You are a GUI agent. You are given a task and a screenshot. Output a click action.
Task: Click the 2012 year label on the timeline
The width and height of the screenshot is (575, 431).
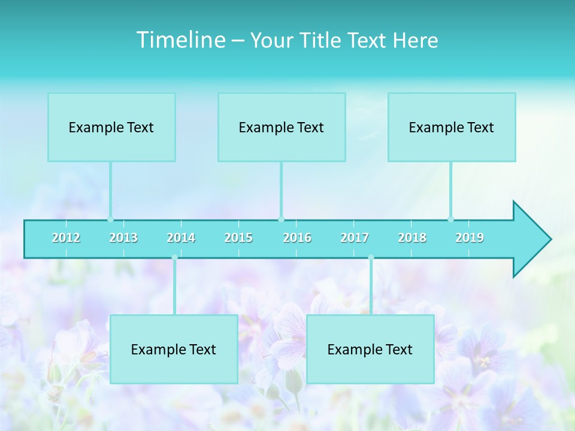click(x=66, y=238)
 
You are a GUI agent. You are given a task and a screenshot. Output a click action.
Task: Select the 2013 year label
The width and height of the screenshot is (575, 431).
click(x=123, y=238)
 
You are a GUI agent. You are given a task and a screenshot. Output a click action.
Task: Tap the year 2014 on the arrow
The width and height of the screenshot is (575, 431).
click(x=181, y=238)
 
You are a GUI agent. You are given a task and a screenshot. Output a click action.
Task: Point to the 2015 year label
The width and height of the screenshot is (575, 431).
click(x=238, y=238)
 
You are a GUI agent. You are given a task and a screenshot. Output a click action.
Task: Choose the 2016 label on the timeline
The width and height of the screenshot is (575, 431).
click(x=297, y=238)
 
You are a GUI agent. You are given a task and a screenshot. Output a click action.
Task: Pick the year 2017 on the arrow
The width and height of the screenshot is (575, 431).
click(x=355, y=238)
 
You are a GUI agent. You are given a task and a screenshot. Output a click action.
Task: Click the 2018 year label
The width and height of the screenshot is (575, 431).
click(x=412, y=238)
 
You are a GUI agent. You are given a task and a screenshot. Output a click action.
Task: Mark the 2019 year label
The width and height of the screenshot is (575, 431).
click(x=470, y=238)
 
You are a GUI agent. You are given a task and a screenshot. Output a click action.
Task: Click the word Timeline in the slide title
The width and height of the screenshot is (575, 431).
click(x=180, y=40)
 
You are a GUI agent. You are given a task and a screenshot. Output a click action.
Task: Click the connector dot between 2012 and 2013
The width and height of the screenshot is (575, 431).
click(x=110, y=219)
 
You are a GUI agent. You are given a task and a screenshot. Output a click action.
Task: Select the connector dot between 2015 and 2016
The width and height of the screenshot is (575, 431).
click(x=281, y=219)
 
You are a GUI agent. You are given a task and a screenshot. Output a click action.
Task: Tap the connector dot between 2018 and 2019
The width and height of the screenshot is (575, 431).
click(x=450, y=219)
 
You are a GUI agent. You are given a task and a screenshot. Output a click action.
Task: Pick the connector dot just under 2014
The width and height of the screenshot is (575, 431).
click(x=174, y=257)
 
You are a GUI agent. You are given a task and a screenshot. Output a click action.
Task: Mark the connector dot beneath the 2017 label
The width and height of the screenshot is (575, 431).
click(x=371, y=257)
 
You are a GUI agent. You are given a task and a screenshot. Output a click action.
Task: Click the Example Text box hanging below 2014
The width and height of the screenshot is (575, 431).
click(x=174, y=349)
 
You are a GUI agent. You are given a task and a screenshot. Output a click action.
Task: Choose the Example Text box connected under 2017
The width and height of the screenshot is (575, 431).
click(x=370, y=349)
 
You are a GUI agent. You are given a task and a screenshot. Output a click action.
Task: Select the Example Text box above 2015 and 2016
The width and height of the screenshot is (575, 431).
click(x=282, y=127)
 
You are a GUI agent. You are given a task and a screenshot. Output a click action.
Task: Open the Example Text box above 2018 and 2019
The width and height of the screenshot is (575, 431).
click(x=452, y=127)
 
